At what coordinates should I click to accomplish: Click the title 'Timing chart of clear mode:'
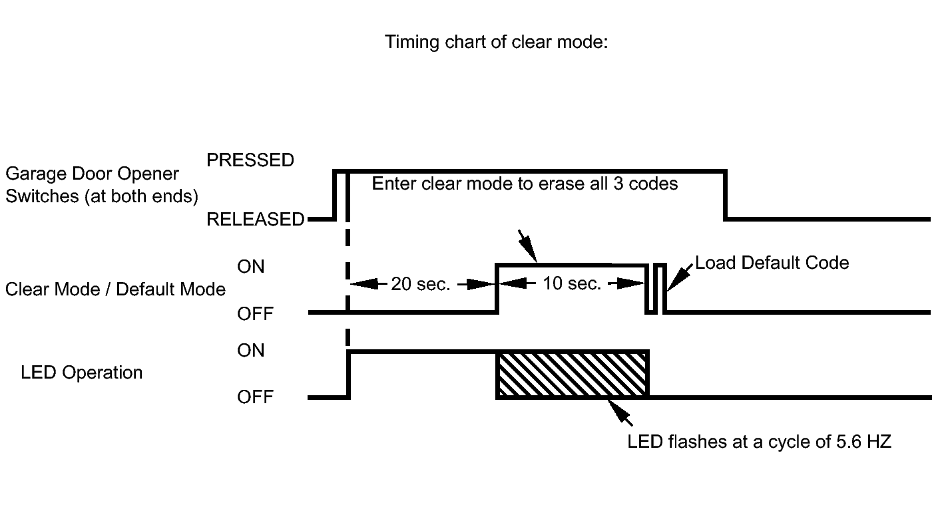[x=496, y=43]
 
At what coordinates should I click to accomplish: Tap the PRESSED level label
[x=250, y=160]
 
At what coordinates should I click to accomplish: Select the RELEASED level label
[x=255, y=219]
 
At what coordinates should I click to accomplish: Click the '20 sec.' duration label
[x=420, y=284]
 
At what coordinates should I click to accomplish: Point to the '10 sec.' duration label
[x=572, y=283]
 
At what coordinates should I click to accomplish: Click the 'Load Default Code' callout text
[x=772, y=263]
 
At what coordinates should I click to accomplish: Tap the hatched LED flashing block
[x=572, y=375]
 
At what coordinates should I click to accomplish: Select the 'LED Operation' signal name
[x=82, y=373]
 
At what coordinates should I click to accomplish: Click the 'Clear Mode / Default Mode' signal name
[x=115, y=289]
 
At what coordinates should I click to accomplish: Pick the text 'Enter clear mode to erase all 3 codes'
[x=525, y=184]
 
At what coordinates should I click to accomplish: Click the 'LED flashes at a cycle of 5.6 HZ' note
[x=759, y=442]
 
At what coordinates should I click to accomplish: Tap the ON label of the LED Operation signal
[x=250, y=350]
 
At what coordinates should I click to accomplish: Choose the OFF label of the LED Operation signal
[x=255, y=397]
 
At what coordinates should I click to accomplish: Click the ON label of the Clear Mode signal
[x=250, y=266]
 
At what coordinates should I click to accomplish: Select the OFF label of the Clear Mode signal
[x=255, y=314]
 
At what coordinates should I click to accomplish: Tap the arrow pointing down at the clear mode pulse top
[x=528, y=247]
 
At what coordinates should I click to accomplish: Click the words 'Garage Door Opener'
[x=93, y=174]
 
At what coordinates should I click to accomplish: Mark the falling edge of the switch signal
[x=725, y=196]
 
